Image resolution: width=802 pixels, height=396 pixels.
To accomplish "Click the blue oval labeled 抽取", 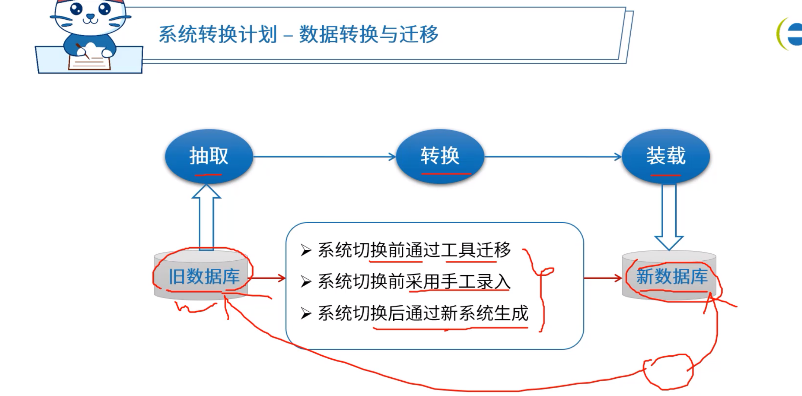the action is coord(209,156).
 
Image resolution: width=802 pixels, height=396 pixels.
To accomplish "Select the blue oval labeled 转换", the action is coord(440,156).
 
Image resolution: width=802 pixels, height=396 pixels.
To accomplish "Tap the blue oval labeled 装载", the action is coord(666,156).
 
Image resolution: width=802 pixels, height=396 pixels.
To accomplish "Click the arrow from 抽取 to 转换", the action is coord(324,157).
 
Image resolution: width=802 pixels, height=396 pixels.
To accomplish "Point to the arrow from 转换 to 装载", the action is coord(553,157).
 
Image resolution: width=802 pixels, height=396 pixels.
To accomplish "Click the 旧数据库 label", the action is coord(204,276).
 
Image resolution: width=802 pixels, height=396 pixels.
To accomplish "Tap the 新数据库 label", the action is coord(672,276).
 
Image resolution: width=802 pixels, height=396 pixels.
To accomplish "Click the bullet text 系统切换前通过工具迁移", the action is coord(414,250).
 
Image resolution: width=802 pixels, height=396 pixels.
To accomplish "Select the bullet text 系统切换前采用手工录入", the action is coord(414,282).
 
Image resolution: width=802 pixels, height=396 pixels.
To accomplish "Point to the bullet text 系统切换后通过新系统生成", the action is coord(423,313).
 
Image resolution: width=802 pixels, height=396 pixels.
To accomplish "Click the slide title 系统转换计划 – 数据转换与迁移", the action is coord(298,34).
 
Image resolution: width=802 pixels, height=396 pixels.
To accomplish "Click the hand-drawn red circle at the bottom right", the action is coord(667,371).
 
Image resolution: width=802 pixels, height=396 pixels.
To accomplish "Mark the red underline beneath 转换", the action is coord(446,173).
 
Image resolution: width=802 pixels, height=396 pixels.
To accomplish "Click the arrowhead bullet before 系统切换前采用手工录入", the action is coord(306,282).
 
